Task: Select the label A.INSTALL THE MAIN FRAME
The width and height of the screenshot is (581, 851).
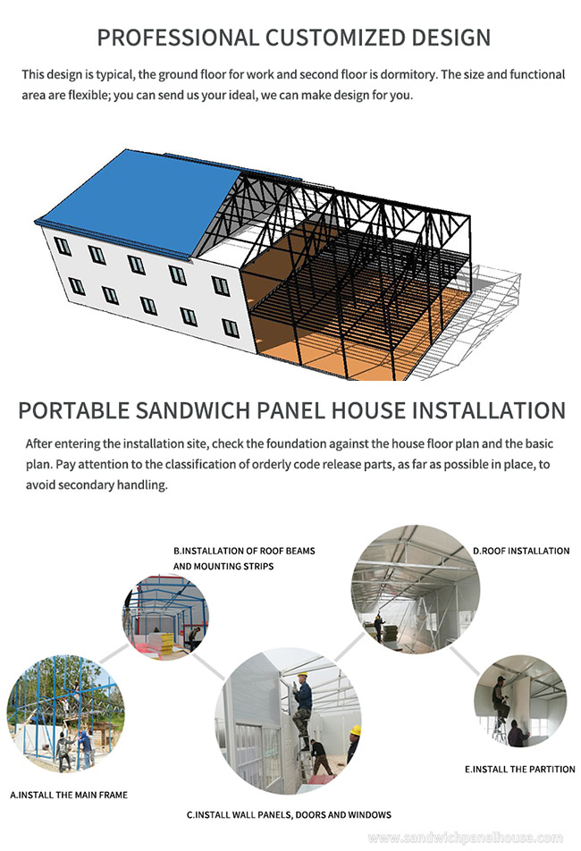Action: (69, 795)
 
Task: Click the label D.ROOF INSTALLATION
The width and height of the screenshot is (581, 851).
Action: (521, 551)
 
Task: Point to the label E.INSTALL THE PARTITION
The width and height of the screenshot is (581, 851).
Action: (519, 769)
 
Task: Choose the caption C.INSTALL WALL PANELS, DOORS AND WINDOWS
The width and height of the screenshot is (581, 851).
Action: (289, 814)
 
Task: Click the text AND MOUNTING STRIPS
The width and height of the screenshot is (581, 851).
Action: (223, 566)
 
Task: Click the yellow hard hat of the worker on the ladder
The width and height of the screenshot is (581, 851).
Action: (302, 675)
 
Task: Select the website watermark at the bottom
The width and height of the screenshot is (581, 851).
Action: (465, 838)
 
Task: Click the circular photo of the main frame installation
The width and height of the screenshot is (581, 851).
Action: (65, 713)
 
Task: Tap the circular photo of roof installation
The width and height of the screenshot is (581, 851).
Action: (416, 589)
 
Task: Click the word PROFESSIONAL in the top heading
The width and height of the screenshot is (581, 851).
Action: (178, 38)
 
